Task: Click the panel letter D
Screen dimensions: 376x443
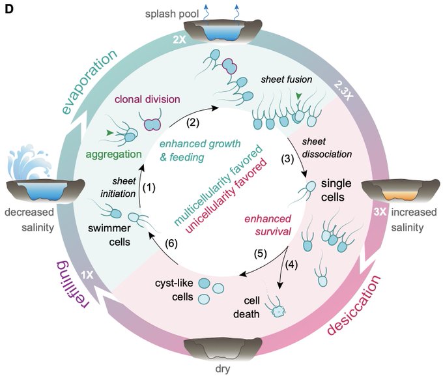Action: click(9, 10)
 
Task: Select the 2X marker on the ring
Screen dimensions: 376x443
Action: click(180, 40)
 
